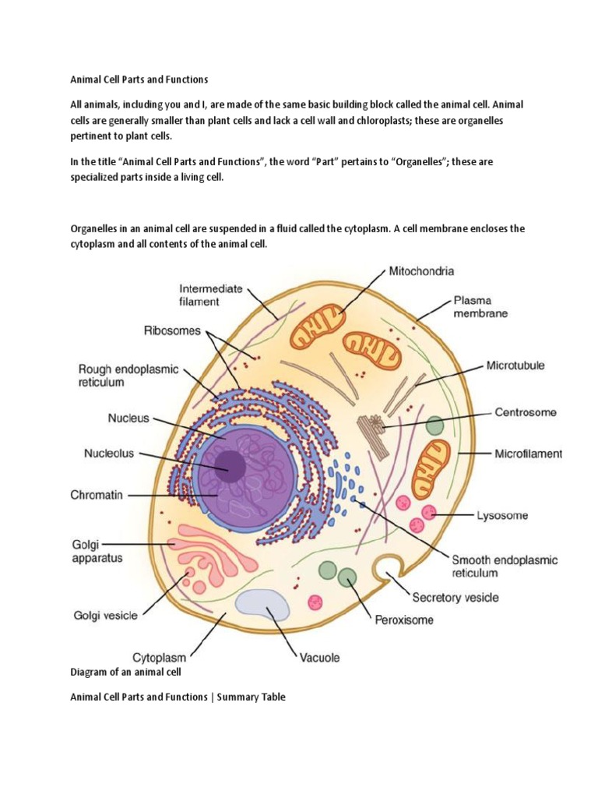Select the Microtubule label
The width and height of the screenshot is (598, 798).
pyautogui.click(x=515, y=365)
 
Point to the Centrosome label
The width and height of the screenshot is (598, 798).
pyautogui.click(x=526, y=412)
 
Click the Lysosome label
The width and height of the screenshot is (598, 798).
pyautogui.click(x=501, y=515)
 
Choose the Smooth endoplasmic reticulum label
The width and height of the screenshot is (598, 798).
pyautogui.click(x=505, y=566)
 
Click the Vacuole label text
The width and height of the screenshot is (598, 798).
pyautogui.click(x=320, y=657)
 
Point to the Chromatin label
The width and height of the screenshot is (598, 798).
pyautogui.click(x=97, y=495)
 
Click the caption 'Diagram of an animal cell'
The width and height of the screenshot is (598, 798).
pyautogui.click(x=126, y=672)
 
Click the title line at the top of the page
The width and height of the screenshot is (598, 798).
pyautogui.click(x=139, y=79)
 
